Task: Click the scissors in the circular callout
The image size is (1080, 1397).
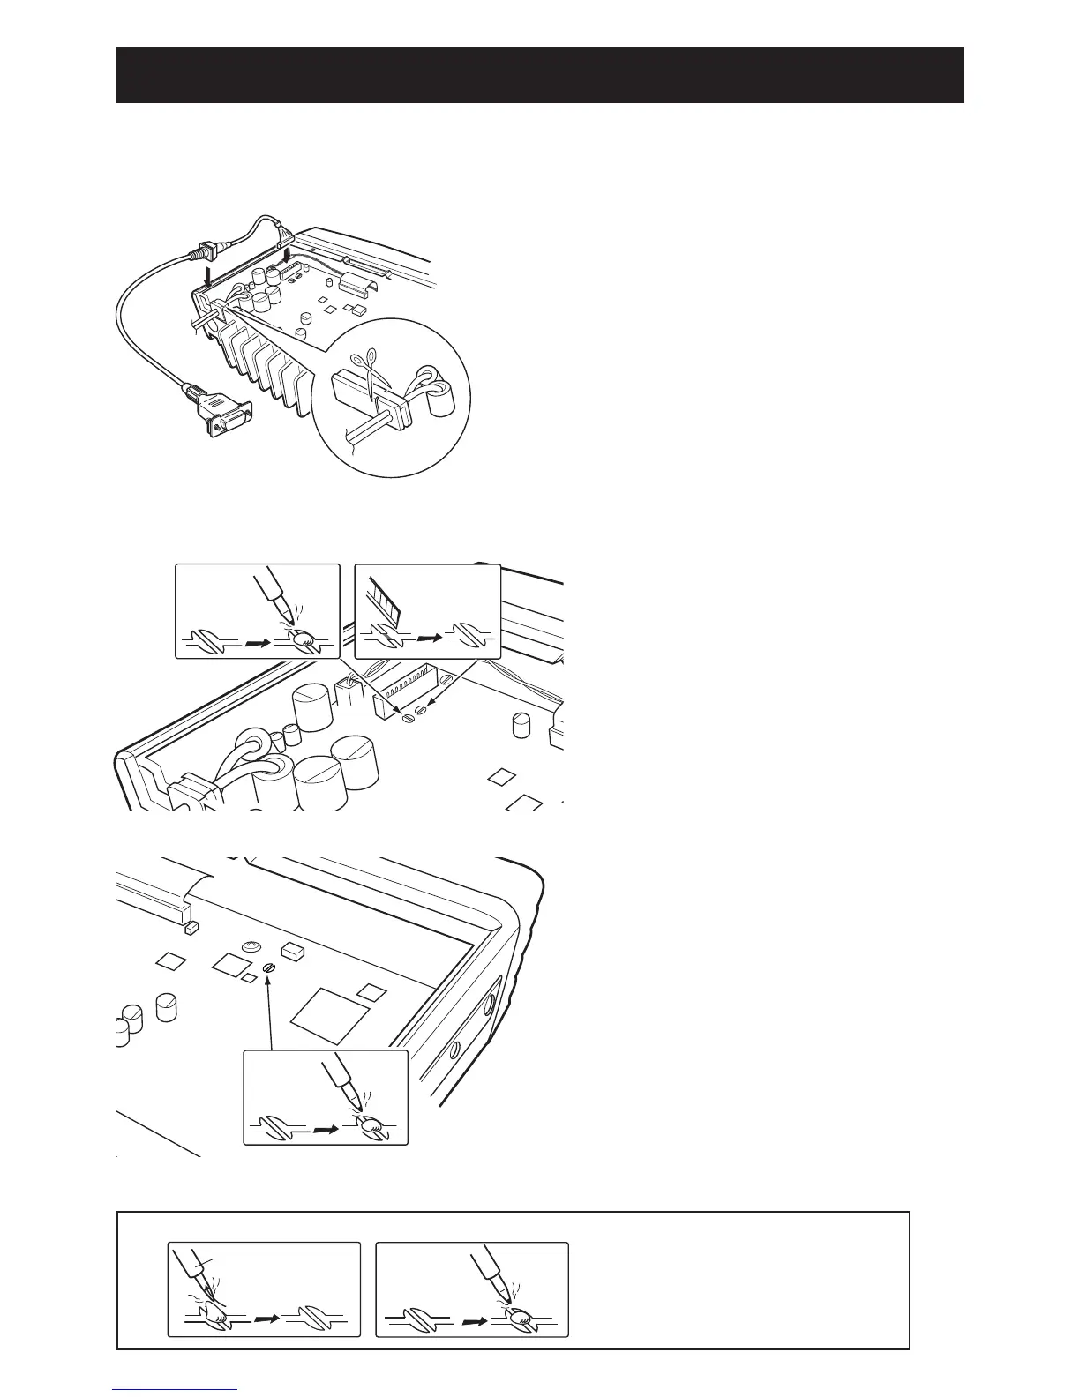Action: (364, 370)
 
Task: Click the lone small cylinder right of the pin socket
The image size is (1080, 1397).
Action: (521, 724)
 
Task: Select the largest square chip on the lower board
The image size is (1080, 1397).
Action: (327, 1015)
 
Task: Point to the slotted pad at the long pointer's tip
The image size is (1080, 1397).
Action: (272, 967)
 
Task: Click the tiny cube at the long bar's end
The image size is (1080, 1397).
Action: (191, 929)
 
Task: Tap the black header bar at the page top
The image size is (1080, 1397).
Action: (540, 75)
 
